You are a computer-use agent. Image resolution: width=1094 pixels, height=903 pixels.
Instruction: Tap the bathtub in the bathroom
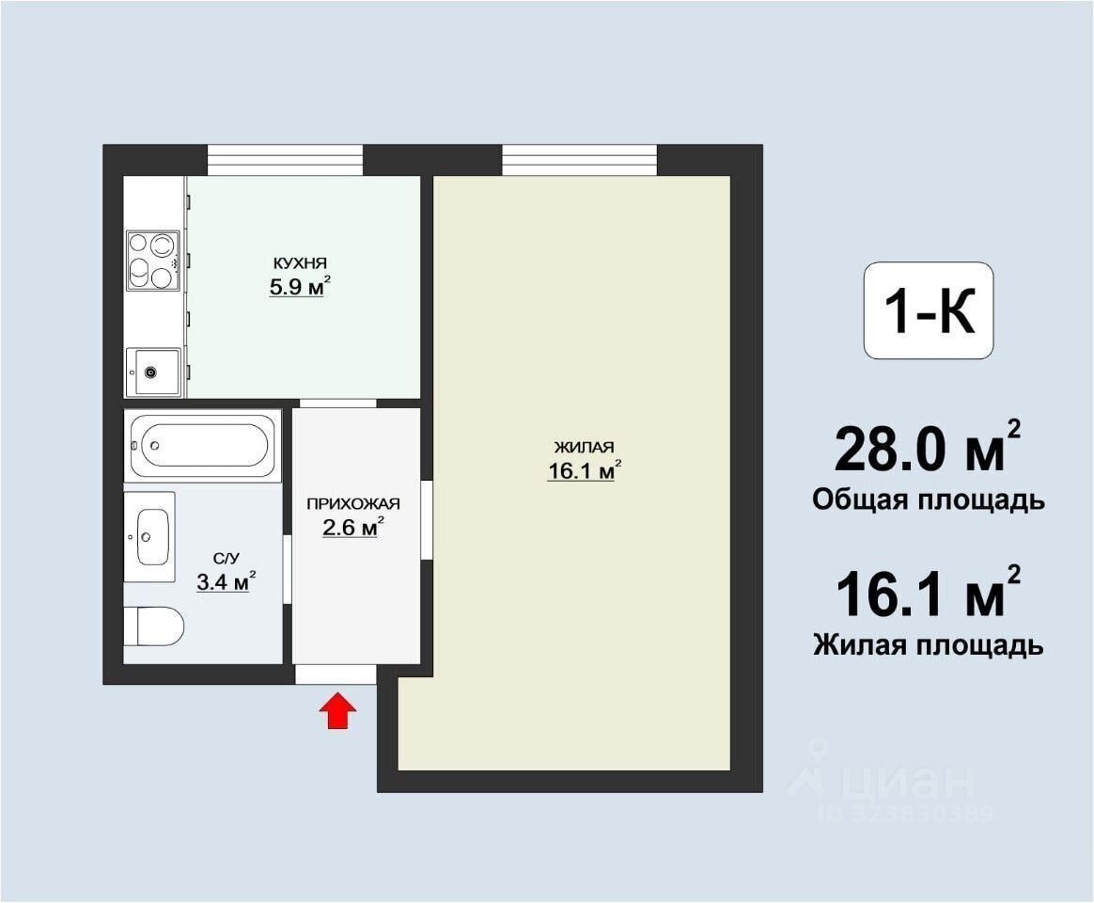[x=202, y=446]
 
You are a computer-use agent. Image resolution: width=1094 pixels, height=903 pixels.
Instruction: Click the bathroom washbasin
[x=150, y=536]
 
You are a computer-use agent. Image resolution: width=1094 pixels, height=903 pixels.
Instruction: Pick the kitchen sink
[x=153, y=372]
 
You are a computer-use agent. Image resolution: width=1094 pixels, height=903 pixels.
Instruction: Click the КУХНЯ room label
[x=299, y=263]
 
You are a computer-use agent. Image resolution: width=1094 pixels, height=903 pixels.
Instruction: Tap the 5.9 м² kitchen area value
[x=299, y=286]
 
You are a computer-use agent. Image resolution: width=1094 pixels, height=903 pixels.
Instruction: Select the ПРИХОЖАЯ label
[x=353, y=503]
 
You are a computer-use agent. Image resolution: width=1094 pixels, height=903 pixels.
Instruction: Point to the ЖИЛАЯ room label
[x=584, y=447]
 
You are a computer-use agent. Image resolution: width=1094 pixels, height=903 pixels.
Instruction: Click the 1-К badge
[x=929, y=310]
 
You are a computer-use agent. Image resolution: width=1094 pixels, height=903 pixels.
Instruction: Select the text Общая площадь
[x=929, y=500]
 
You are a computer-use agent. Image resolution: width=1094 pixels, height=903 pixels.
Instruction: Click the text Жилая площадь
[x=929, y=644]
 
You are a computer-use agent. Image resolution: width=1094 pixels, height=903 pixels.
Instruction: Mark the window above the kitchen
[x=286, y=160]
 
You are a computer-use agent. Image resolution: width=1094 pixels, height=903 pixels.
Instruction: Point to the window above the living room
[x=580, y=160]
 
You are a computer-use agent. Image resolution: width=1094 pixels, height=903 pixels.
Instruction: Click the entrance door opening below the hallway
[x=336, y=674]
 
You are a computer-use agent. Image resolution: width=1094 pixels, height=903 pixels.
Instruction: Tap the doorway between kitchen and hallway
[x=338, y=404]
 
